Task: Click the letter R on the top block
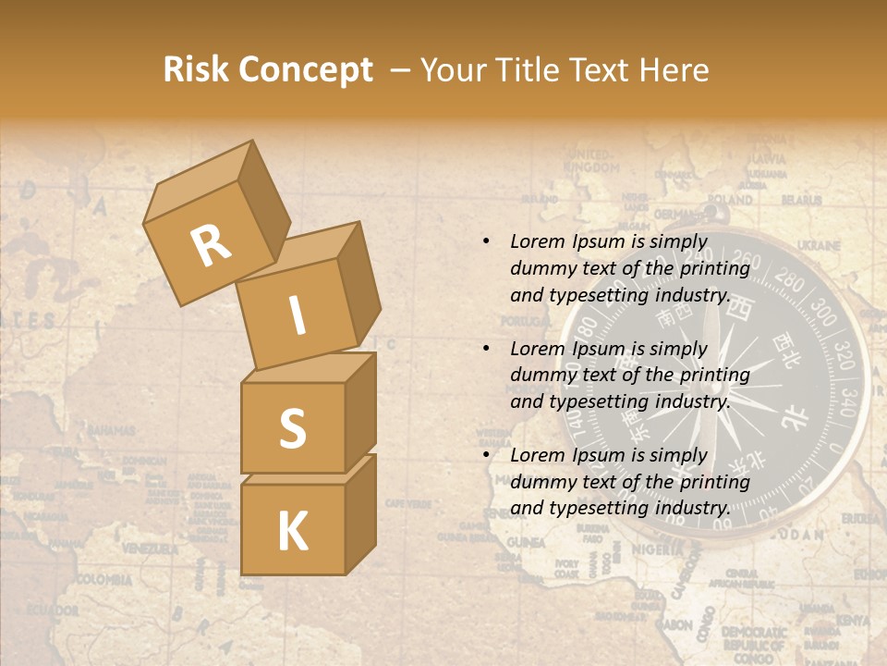coord(212,245)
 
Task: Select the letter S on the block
coord(292,429)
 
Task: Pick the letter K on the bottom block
coord(292,532)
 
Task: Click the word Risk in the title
coord(195,70)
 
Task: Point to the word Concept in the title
coord(306,70)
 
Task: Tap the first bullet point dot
coord(486,241)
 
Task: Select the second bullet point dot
coord(486,349)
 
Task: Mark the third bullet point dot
coord(486,455)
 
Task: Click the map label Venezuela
coord(150,549)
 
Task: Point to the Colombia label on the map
coord(103,580)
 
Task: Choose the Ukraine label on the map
coord(818,246)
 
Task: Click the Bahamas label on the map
coord(111,430)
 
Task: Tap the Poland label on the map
coord(731,199)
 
